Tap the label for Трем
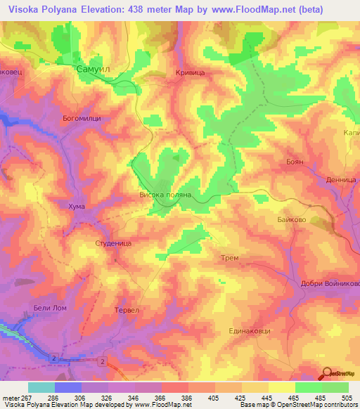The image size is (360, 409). coord(230,258)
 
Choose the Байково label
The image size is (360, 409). coord(290,220)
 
